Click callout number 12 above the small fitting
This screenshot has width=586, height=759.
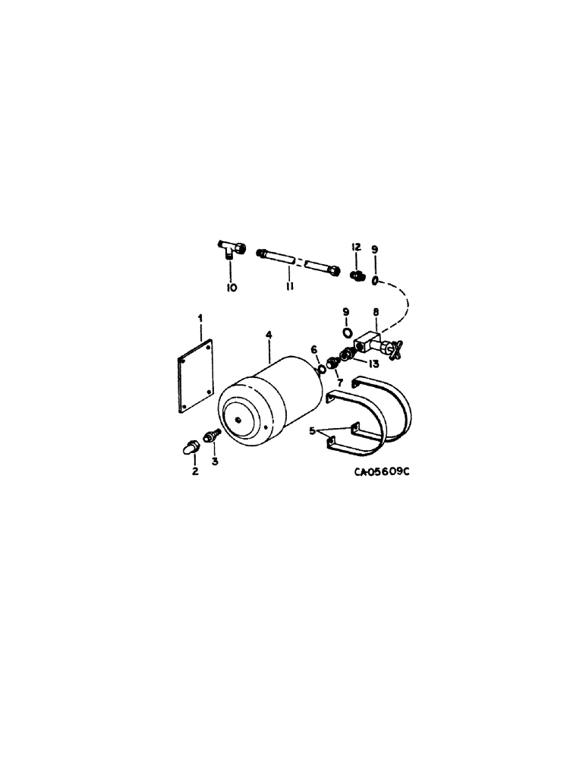[x=355, y=247]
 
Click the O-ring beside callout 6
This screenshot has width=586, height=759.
[x=322, y=370]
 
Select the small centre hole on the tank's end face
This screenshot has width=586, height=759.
[x=238, y=418]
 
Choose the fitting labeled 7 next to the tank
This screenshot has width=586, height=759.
[x=332, y=362]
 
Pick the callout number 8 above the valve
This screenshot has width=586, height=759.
[x=375, y=311]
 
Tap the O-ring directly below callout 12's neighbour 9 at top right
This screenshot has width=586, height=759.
[x=374, y=281]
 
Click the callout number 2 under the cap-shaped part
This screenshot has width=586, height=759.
[x=194, y=471]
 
